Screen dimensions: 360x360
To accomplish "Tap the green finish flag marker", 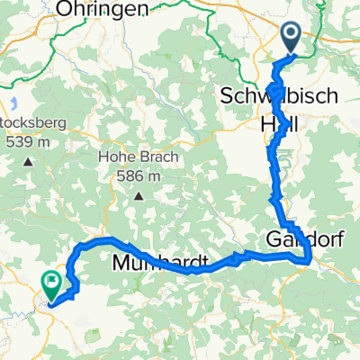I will pos(53,285).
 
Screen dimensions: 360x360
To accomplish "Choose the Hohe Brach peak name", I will pos(139,158).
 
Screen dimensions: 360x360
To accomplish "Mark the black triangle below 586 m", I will pos(139,194).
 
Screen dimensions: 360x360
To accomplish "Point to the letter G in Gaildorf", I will pos(274,239).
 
